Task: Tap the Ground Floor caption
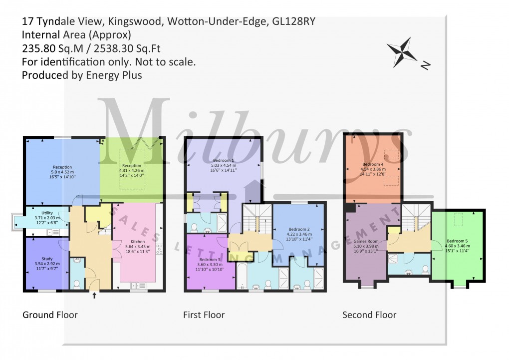[50, 315]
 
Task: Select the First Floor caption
[204, 315]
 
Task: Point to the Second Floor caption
[369, 315]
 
